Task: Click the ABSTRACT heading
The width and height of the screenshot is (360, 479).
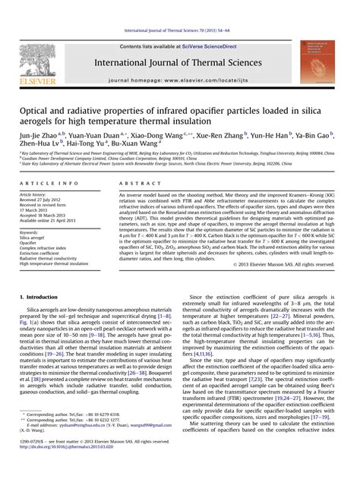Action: pos(147,184)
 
